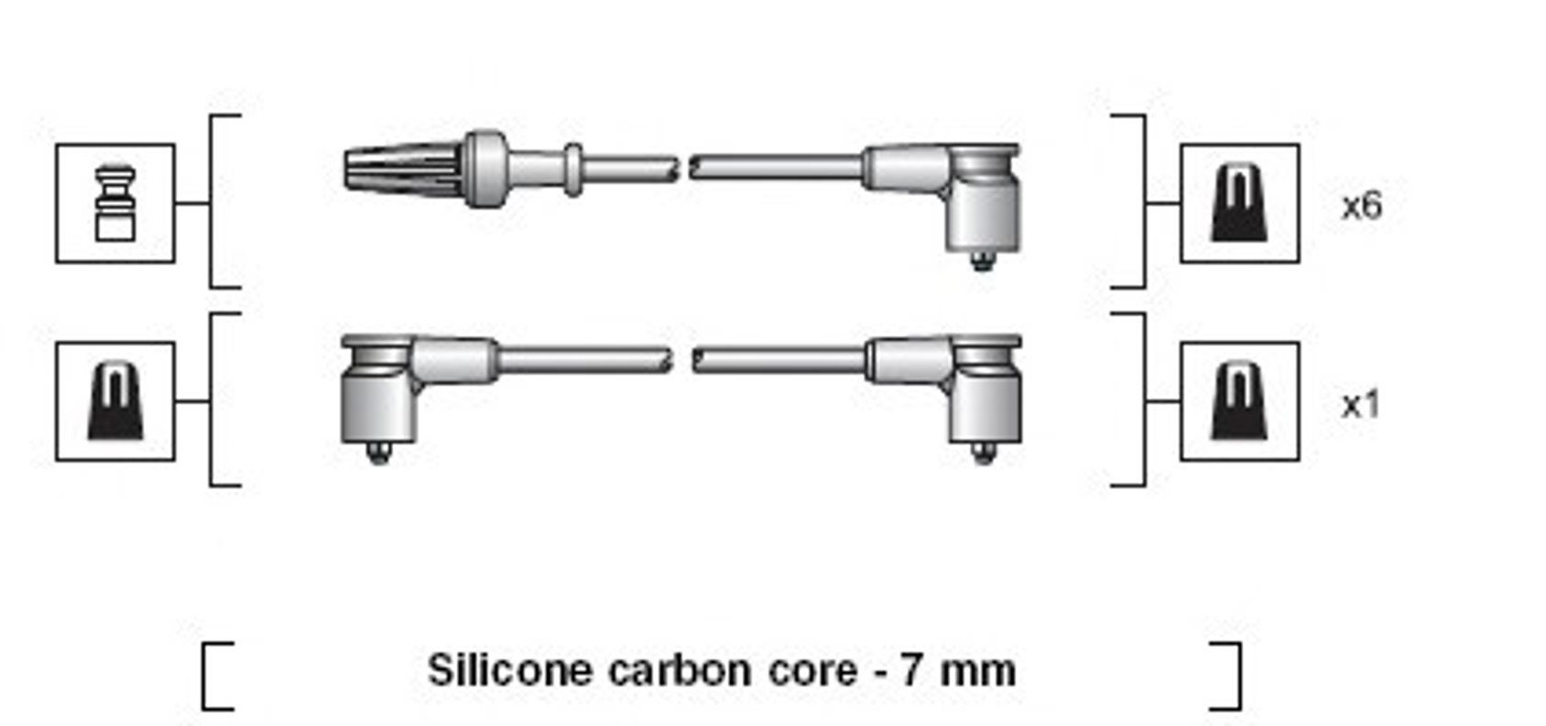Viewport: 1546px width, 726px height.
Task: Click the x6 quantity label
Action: pyautogui.click(x=1361, y=206)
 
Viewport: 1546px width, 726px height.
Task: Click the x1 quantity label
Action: pyautogui.click(x=1360, y=405)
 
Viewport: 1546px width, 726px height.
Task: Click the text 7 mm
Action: pyautogui.click(x=959, y=671)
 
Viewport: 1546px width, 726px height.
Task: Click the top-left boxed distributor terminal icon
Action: pyautogui.click(x=115, y=203)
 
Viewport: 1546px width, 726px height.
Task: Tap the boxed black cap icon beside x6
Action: pyautogui.click(x=1239, y=203)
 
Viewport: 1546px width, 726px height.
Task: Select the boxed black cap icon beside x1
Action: pyautogui.click(x=1239, y=401)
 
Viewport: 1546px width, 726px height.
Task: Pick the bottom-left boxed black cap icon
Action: pyautogui.click(x=115, y=401)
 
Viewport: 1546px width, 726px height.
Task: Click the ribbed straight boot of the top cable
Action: pyautogui.click(x=404, y=170)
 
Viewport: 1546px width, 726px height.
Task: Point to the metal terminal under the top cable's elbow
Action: pyautogui.click(x=982, y=261)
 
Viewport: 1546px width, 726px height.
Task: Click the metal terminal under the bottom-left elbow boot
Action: pyautogui.click(x=378, y=453)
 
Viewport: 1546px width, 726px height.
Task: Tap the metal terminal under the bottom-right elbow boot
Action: pyautogui.click(x=983, y=453)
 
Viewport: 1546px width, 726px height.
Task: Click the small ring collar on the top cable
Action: pyautogui.click(x=573, y=170)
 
